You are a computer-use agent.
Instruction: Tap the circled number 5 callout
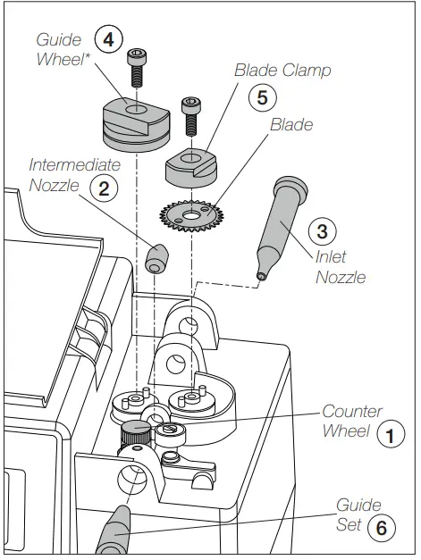pos(261,97)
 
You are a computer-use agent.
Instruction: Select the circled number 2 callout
pos(105,187)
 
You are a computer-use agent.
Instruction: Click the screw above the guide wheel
pos(137,65)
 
